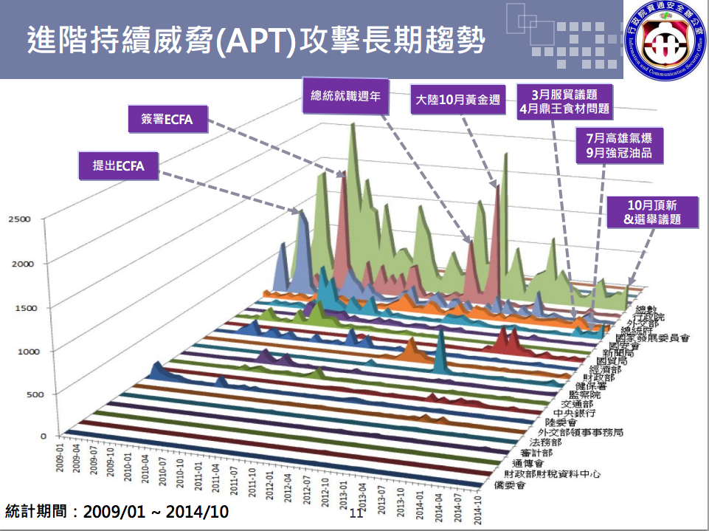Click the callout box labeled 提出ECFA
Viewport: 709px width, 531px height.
click(118, 166)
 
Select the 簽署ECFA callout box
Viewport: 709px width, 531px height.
click(167, 120)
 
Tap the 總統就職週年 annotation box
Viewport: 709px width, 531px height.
click(344, 95)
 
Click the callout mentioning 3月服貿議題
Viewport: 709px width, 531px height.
click(564, 101)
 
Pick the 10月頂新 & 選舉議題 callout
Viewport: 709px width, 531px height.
click(651, 212)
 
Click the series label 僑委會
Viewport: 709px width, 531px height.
click(509, 486)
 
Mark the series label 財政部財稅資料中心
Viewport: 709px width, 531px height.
click(553, 473)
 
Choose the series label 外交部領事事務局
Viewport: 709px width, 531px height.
click(581, 432)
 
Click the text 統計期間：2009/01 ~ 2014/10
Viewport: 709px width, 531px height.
click(117, 512)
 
